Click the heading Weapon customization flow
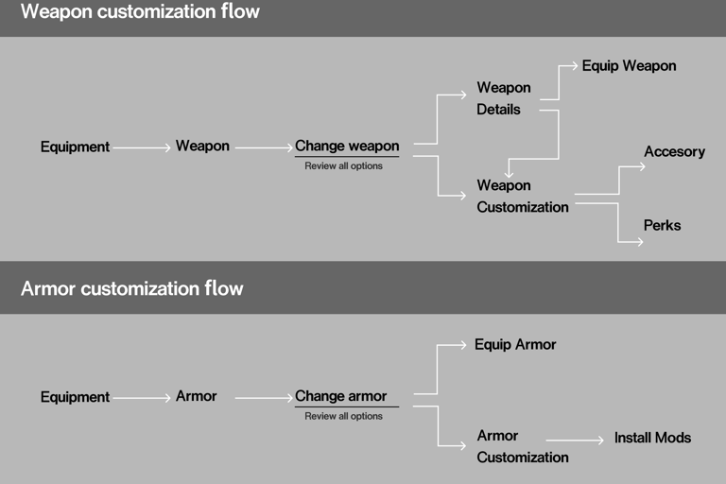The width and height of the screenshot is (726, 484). tap(140, 13)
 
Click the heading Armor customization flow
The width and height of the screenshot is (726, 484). tap(131, 288)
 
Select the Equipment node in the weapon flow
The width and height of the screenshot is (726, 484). tap(75, 147)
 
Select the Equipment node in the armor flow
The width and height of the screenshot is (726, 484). tap(75, 397)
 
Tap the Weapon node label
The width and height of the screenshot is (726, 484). tap(202, 147)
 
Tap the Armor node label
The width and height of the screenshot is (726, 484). tap(196, 396)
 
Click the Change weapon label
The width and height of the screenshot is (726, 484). tap(347, 147)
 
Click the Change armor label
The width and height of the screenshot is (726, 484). tap(340, 396)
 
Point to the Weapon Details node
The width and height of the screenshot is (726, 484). tap(504, 98)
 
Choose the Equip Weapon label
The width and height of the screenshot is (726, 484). tap(629, 66)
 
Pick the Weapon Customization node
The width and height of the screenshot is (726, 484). tap(522, 196)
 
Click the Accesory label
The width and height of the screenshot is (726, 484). tap(674, 151)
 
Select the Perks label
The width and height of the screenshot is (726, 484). tap(662, 226)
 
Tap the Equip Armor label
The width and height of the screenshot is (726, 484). tap(515, 344)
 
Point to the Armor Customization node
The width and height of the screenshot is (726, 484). tap(522, 446)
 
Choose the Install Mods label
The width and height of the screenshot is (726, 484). tap(652, 438)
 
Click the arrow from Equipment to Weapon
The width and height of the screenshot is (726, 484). tap(142, 147)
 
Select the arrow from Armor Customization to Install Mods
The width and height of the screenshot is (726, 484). tap(575, 440)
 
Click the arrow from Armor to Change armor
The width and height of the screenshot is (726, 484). tap(264, 398)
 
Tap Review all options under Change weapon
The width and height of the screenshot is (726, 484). tap(343, 166)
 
